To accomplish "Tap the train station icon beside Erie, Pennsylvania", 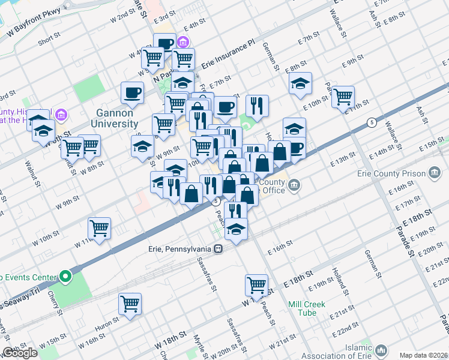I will (x=219, y=248).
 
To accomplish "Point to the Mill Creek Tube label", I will (x=306, y=308).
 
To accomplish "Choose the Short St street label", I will (x=49, y=35).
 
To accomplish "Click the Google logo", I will (x=19, y=353).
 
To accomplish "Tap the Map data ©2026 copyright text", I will (x=423, y=355).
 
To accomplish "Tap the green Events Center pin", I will (x=65, y=277).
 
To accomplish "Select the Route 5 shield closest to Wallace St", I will (x=372, y=122).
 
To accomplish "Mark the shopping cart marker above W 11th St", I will (x=99, y=227).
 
